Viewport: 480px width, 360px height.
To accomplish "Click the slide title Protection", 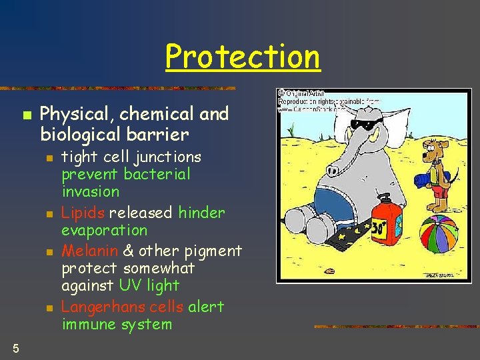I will (243, 57).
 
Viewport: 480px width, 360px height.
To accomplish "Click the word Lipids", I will (83, 213).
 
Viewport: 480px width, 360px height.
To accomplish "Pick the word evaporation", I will (105, 230).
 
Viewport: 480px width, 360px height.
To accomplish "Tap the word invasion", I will (91, 192).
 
